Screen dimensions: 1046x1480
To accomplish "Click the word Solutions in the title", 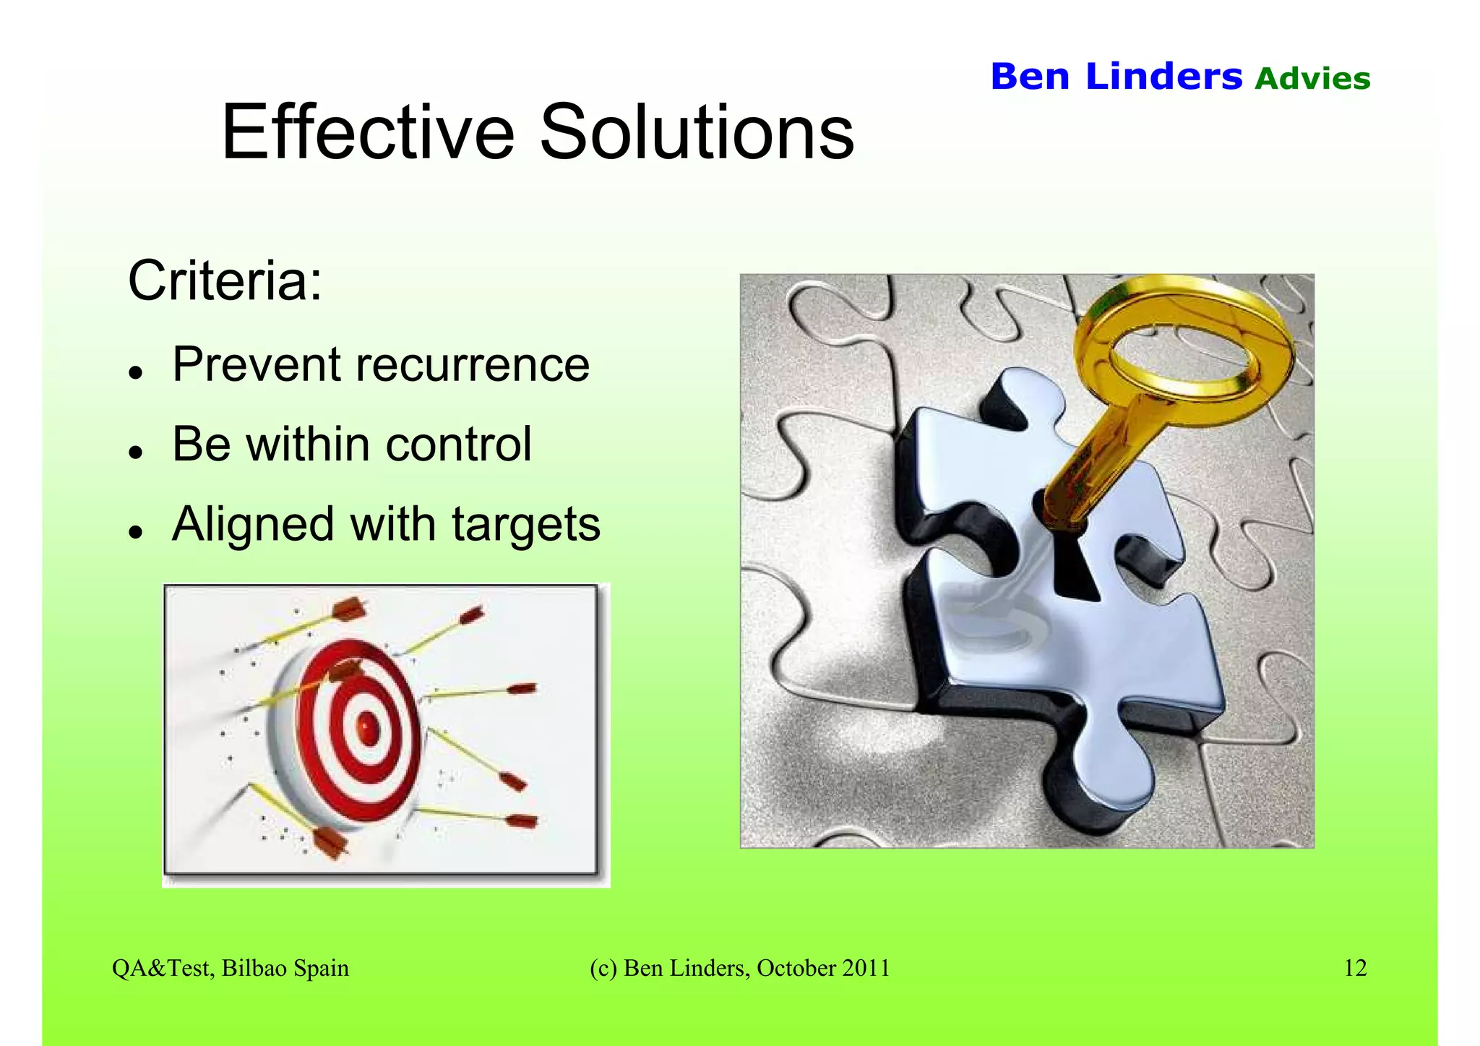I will tap(697, 132).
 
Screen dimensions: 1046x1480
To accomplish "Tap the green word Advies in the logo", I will tap(1312, 79).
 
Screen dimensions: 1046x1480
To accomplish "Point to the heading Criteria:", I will tap(225, 280).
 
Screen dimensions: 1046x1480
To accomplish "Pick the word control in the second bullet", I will tap(459, 444).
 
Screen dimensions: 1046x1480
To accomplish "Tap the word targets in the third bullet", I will tap(526, 525).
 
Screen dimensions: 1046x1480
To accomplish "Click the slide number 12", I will tap(1355, 968).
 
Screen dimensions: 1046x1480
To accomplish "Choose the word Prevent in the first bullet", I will tap(255, 364).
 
